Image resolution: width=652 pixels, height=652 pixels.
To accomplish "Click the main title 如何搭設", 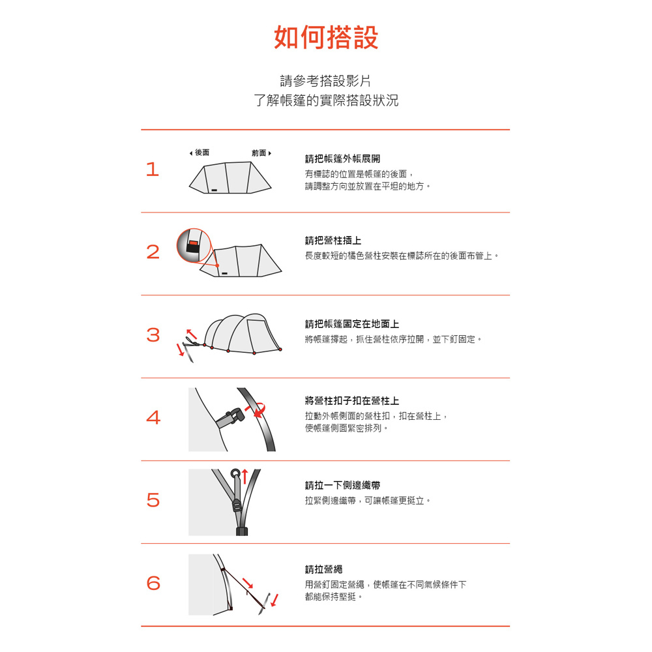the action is coord(326,37).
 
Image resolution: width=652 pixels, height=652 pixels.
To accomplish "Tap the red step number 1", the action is coord(153,170).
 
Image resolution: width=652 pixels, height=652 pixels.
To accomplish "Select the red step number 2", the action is coord(153,252).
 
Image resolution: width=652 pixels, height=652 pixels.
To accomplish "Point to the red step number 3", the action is coord(153,334).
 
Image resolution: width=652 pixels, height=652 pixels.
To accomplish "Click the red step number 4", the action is coord(153,417).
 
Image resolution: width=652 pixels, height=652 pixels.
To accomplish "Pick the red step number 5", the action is coord(153,500).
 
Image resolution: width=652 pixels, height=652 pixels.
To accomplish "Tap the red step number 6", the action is coord(153,583).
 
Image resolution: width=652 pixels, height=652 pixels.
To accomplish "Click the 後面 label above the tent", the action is coord(200,153).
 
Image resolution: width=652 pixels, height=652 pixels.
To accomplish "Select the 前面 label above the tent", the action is coord(261,153).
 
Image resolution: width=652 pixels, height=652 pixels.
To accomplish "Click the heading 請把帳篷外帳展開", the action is coord(343,159).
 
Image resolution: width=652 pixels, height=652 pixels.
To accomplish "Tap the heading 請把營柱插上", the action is coord(333,241).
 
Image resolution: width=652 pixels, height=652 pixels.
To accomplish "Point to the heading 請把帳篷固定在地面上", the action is coord(352,324).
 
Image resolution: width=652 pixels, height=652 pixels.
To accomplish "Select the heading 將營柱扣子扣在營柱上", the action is coord(352,401).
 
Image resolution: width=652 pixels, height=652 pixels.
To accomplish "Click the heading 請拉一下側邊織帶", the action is coord(343,485).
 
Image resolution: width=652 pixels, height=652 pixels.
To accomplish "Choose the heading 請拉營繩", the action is coord(323,569).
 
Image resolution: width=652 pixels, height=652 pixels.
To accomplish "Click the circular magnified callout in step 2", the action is coord(194,245).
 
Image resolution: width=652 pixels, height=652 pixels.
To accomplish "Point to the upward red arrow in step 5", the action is coord(245,477).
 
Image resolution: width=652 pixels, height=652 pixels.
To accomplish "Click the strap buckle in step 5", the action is coord(237,506).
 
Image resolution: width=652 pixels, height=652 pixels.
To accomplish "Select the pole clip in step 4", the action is coord(231,417).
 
